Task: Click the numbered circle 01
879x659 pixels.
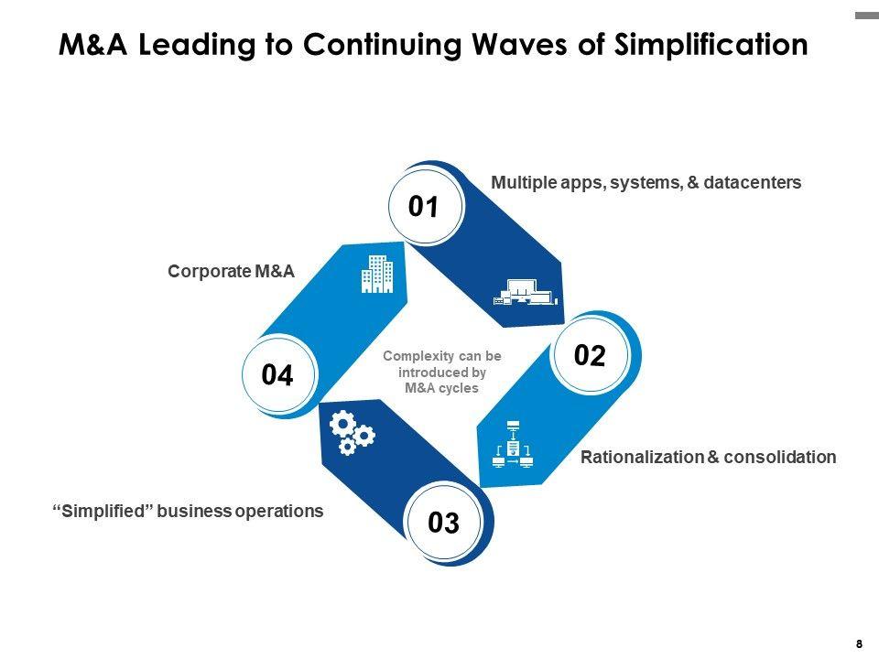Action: [x=423, y=208]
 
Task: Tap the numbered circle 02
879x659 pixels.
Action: [x=590, y=356]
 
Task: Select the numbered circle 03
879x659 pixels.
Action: [x=443, y=523]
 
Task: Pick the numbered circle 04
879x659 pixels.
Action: [x=277, y=375]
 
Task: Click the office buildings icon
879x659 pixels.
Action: [x=377, y=274]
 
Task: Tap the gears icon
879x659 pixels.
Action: [x=352, y=433]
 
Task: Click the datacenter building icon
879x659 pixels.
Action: [x=525, y=292]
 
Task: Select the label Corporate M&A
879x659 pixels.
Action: [x=231, y=271]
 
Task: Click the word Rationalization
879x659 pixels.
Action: [x=642, y=457]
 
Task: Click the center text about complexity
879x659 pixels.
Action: [x=441, y=372]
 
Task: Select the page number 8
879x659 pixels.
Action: [x=859, y=643]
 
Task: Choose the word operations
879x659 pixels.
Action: [x=278, y=511]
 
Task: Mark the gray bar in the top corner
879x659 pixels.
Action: [x=866, y=16]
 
